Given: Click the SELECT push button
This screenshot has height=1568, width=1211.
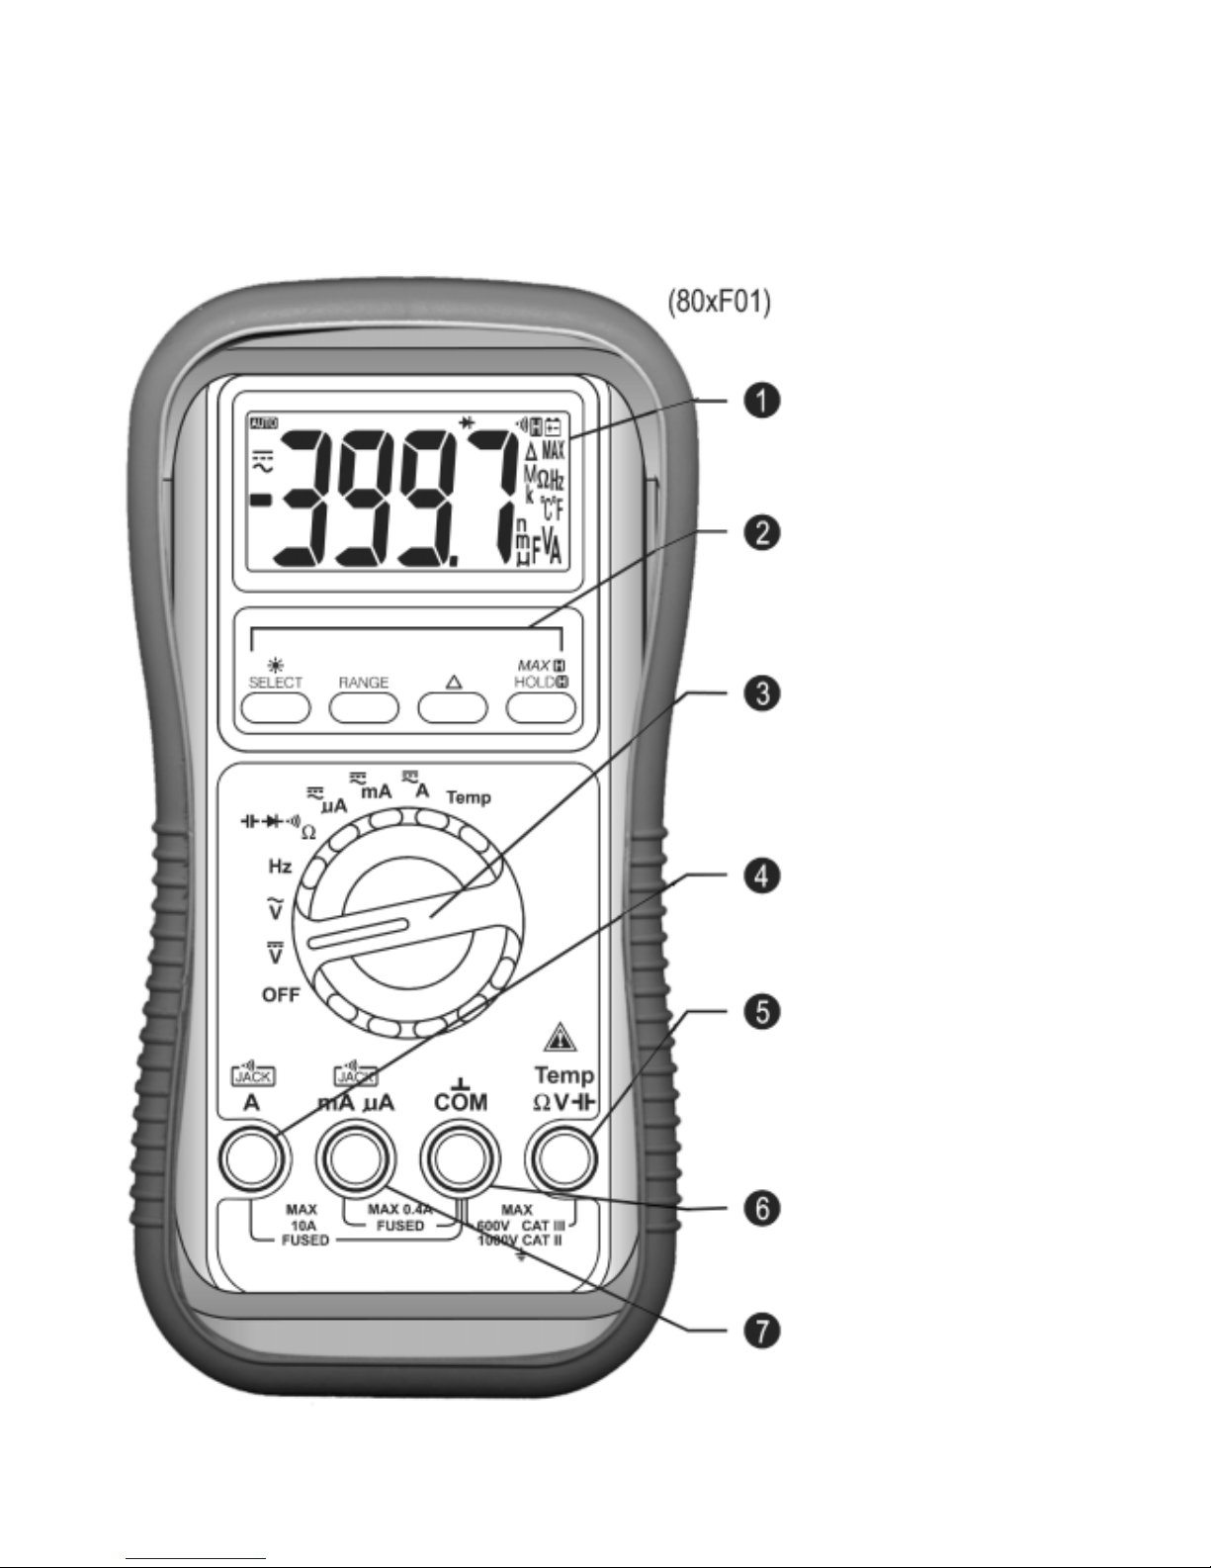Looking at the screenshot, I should tap(276, 707).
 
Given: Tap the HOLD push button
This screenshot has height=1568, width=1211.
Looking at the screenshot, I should tap(541, 707).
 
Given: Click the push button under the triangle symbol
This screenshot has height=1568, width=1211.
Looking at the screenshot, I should tap(453, 707).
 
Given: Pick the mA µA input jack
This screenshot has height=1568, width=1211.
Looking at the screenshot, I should tap(355, 1159).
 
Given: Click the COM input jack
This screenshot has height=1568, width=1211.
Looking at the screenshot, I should tap(460, 1159).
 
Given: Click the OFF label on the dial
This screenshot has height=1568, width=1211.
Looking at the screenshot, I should tap(281, 995).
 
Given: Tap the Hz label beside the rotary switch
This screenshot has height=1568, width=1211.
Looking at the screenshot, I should tap(280, 867).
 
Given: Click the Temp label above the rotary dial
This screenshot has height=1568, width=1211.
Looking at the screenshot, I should tap(469, 796).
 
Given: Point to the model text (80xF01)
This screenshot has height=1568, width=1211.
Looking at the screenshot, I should tap(717, 301).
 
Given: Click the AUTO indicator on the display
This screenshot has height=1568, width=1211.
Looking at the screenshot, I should tap(264, 422).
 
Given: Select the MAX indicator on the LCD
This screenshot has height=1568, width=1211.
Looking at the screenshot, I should tap(553, 452).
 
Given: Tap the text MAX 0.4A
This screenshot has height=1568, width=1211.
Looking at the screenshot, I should tap(400, 1209).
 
